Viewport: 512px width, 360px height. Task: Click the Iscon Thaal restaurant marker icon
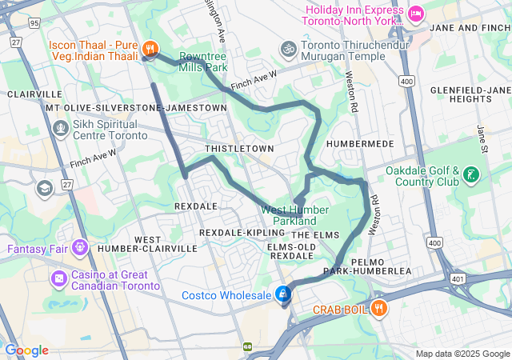150,50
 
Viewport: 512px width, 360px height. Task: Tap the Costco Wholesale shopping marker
282,294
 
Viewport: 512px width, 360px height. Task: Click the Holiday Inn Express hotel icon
415,14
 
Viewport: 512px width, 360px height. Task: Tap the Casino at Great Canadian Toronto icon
59,278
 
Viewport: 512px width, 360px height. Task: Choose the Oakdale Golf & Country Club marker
471,174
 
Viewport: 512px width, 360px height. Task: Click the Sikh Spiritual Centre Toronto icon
61,127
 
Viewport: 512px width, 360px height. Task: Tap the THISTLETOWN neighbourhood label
239,149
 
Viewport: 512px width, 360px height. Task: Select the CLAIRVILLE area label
34,94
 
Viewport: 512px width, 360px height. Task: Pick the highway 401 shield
458,278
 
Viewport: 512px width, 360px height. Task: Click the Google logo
26,350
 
